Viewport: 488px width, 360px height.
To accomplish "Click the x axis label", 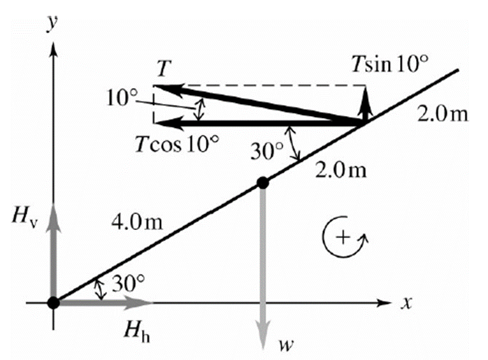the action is (406, 303).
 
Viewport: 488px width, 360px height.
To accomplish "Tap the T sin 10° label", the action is (390, 64).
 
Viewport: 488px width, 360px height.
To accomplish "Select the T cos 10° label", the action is (176, 145).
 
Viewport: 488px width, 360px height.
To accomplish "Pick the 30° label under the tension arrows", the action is (268, 152).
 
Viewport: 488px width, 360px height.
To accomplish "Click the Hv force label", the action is (25, 215).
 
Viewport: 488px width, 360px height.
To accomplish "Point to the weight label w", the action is (285, 345).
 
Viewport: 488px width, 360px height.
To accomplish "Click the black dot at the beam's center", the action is (263, 183).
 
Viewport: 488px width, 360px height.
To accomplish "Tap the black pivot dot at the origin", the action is (54, 302).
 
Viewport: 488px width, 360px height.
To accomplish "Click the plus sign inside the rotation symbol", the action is (343, 238).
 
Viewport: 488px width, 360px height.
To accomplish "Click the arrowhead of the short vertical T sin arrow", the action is (366, 99).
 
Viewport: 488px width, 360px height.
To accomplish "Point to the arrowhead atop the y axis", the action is (54, 49).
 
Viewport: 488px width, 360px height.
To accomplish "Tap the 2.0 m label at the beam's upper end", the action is (443, 115).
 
